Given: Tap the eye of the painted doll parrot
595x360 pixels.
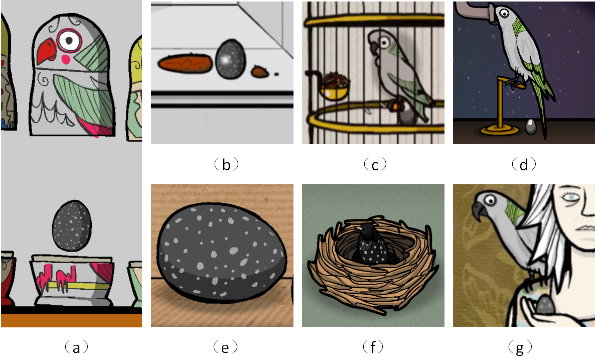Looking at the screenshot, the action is click(69, 40).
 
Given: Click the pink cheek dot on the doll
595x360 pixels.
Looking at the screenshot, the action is click(66, 60).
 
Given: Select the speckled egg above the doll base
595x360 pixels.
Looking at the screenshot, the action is click(72, 226).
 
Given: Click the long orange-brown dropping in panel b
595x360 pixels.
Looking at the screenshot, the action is click(185, 64).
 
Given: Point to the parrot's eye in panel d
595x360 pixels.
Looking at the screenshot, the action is click(504, 14).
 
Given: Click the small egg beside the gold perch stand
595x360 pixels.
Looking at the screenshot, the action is click(530, 127).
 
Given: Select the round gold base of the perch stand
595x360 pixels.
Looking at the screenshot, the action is click(499, 130).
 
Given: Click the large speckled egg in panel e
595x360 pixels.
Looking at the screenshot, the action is click(222, 253).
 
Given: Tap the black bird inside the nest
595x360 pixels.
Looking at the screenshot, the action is click(369, 244).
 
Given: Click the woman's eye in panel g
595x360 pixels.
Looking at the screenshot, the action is click(571, 197).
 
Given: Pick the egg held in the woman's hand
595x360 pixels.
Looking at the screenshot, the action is click(545, 305).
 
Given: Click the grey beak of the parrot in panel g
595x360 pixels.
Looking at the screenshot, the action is click(478, 211).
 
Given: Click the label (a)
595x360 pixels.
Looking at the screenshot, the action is click(76, 347).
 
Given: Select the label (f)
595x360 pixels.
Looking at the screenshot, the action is click(373, 347).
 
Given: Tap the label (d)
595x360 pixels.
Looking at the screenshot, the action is click(524, 164).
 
